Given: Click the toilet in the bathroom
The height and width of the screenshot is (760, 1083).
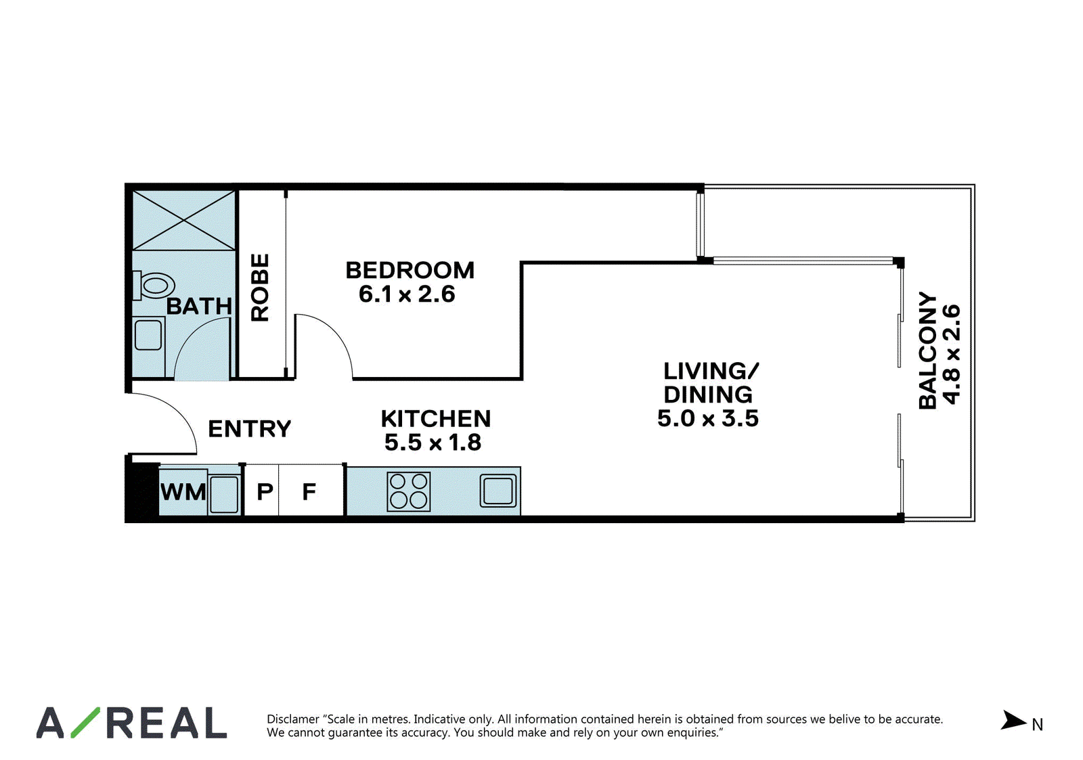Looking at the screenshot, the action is point(154,285).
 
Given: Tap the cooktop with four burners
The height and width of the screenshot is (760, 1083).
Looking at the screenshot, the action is point(409,492).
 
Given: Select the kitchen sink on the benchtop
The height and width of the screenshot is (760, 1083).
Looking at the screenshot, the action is point(498,491).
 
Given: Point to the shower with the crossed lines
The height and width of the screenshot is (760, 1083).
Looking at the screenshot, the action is point(183,221).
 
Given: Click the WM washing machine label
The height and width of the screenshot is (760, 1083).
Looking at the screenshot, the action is point(183,492).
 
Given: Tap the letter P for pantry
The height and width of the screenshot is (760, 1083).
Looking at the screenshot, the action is point(265,492).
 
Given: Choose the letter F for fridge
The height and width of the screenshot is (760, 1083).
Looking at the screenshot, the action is point(309,492).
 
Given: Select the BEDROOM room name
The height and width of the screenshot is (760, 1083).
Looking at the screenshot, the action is point(410,270).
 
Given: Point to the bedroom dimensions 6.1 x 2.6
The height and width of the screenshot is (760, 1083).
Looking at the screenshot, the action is point(407,294).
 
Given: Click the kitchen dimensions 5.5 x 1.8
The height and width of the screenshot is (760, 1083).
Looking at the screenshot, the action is point(433,443).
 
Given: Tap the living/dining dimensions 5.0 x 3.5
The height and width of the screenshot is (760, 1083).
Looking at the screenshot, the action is point(708,418).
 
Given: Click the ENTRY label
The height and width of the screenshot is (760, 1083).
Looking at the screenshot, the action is point(250,429).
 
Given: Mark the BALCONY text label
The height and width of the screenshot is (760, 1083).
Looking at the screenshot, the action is point(927,351).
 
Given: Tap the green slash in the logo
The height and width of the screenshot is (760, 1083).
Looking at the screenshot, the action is point(85,722).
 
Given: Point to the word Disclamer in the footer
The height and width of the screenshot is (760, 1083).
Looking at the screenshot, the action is point(293,719).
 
